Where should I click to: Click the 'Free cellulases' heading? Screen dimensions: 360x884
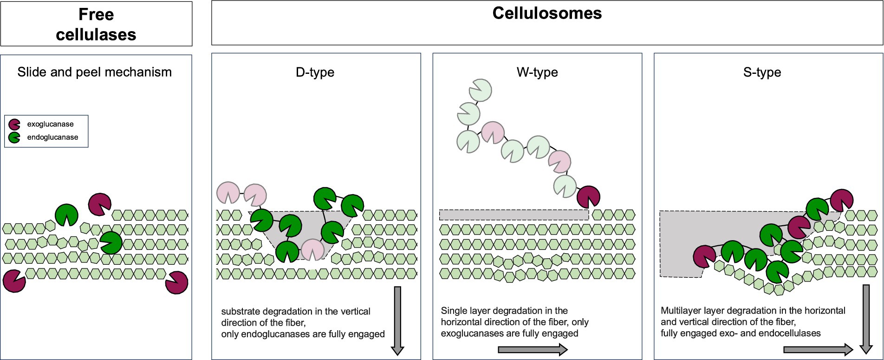[96, 24]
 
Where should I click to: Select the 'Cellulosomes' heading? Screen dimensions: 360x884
[547, 13]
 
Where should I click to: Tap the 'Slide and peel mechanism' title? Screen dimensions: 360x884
[95, 72]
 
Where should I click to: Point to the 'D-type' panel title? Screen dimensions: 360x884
[315, 72]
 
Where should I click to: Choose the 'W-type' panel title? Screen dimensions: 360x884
[537, 72]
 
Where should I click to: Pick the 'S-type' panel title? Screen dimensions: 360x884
[762, 72]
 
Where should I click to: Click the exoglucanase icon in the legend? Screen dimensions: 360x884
[14, 124]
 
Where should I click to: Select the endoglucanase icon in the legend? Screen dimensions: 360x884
[14, 137]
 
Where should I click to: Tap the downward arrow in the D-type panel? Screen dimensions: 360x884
[397, 321]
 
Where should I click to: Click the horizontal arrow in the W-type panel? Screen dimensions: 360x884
[533, 349]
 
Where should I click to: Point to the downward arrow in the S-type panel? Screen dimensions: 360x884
[866, 319]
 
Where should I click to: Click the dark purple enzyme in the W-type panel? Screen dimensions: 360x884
[588, 197]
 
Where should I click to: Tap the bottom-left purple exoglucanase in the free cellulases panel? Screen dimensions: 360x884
[14, 281]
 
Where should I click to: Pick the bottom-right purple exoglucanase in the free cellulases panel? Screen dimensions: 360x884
[177, 282]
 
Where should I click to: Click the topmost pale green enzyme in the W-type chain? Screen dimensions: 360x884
[480, 90]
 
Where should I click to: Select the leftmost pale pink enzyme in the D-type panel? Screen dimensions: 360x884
[228, 192]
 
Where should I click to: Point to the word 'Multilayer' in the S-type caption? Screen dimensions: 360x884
[681, 311]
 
